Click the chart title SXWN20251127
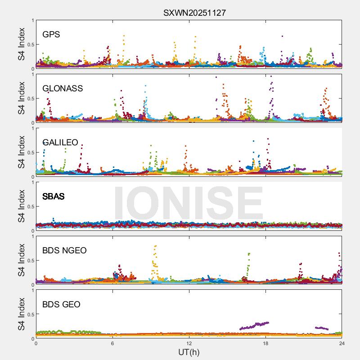[x=194, y=13]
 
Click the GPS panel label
[x=51, y=35]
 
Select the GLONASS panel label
[x=63, y=89]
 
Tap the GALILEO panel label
[x=60, y=143]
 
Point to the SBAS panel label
[x=54, y=197]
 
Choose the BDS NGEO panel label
[x=64, y=251]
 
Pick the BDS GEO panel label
[x=61, y=305]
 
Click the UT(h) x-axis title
[x=189, y=351]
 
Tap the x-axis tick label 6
[x=112, y=343]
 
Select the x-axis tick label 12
[x=189, y=343]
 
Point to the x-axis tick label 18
[x=265, y=343]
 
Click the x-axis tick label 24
[x=342, y=343]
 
